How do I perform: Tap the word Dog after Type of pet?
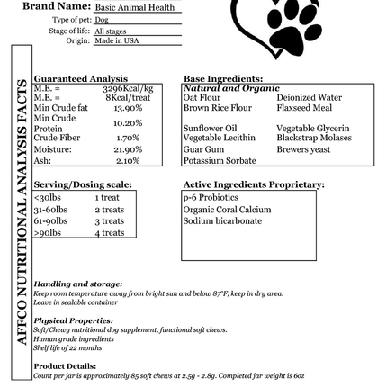coord(102,19)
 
